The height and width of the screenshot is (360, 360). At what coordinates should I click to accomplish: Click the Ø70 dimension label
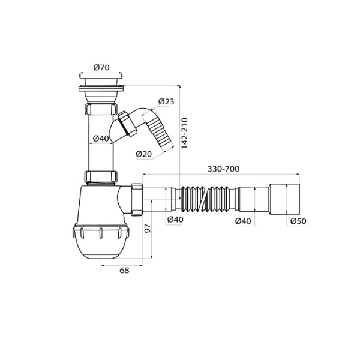pos(101,68)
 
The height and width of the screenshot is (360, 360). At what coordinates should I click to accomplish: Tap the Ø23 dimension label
pos(166,102)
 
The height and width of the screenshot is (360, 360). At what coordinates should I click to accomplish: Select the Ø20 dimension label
pos(143,154)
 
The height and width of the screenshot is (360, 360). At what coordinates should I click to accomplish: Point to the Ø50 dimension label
pos(298,221)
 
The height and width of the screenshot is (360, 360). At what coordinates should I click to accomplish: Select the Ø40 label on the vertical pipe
pos(100,139)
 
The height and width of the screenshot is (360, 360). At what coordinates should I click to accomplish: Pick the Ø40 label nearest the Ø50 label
pos(242,221)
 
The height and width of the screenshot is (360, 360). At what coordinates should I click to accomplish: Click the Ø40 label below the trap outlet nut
pos(175,220)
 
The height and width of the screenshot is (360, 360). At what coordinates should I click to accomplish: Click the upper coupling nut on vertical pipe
pos(100,112)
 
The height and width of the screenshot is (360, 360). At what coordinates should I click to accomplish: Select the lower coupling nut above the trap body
pos(100,177)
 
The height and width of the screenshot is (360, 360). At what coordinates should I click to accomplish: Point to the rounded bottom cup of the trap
pos(100,246)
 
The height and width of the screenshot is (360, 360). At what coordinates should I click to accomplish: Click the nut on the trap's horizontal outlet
pos(136,199)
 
